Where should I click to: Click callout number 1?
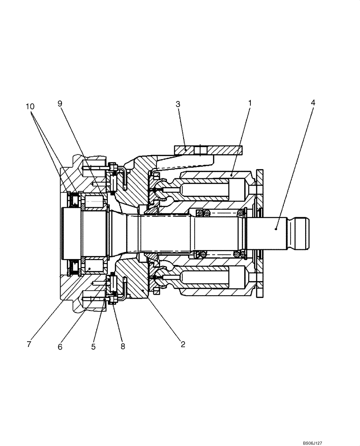pos(250,103)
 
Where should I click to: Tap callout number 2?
pos(182,344)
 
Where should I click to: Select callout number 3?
pos(178,104)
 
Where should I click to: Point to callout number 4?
pos(313,103)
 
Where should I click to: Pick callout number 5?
pos(94,347)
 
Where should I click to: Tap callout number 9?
pos(60,103)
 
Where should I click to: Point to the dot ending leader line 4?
pos(276,228)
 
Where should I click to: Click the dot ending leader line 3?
pos(186,151)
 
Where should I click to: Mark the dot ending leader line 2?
pos(143,290)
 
